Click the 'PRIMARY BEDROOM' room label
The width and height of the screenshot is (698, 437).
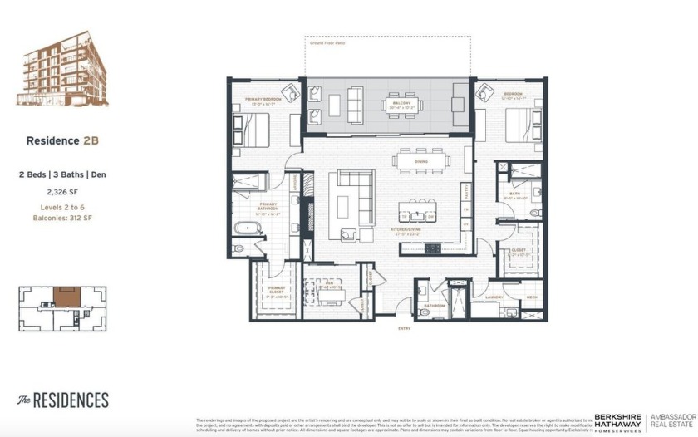tap(263, 98)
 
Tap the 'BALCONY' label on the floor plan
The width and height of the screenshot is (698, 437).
tap(402, 103)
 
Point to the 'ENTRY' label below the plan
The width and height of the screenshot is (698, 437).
tap(405, 329)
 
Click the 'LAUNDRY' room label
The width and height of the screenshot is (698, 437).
tap(494, 297)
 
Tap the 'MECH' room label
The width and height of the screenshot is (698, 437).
tap(532, 297)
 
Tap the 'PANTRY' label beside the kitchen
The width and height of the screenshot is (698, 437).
tap(467, 193)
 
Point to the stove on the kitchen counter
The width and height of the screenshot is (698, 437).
tap(433, 247)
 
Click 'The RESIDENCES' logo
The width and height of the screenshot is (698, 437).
tap(63, 400)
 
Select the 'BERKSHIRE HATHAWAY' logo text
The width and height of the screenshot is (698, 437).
tap(617, 421)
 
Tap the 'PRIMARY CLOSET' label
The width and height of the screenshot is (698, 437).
tap(277, 290)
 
